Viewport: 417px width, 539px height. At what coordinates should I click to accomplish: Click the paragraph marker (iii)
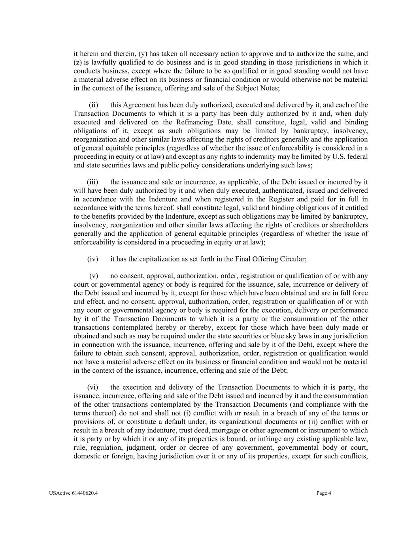click(92, 182)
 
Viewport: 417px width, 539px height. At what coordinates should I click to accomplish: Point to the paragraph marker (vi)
click(92, 387)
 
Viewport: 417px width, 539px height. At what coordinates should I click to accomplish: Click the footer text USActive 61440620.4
click(74, 493)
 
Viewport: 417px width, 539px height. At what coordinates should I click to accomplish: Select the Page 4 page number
click(324, 493)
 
